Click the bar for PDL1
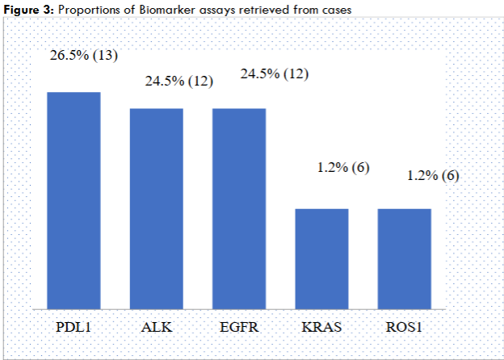pos(73,199)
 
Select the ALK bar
pos(157,207)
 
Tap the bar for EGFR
pos(239,207)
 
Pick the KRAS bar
pos(321,258)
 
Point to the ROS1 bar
pos(404,258)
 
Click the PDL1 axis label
pos(73,327)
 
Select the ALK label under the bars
pos(157,327)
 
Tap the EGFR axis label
pos(239,327)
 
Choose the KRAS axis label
pos(321,327)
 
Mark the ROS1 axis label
pos(404,327)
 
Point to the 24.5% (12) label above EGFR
pos(275,74)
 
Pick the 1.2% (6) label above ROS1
pos(430,175)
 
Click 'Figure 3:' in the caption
pos(30,8)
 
